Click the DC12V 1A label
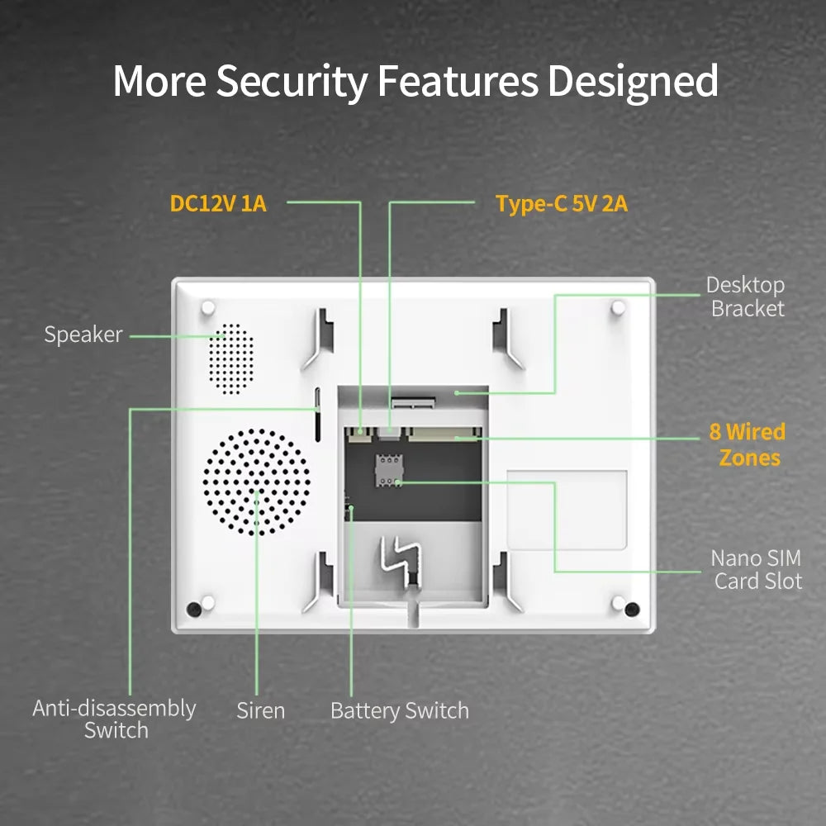pos(218,203)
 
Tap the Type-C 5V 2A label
pos(562,203)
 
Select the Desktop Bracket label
pos(746,297)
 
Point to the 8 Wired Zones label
pos(748,444)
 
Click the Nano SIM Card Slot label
pos(756,570)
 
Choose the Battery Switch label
pos(399,710)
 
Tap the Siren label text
pos(260,710)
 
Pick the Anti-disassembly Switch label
pos(115,719)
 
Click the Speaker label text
pos(83,335)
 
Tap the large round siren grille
pos(257,482)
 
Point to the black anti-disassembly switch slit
pos(318,413)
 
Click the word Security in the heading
pos(292,81)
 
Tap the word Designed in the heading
pos(633,81)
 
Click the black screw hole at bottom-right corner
pos(632,610)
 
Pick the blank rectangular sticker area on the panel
pos(567,510)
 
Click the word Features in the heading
pos(459,81)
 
